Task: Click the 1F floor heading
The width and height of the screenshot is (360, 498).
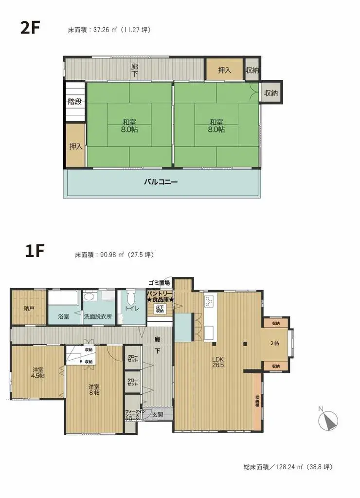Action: [35, 253]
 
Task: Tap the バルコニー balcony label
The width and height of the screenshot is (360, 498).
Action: [161, 183]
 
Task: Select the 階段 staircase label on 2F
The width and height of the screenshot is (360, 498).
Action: [75, 102]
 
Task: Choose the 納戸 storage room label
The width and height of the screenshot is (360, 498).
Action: [29, 308]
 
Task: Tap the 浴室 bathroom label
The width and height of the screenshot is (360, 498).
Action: [64, 316]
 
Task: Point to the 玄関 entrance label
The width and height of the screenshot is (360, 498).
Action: [157, 414]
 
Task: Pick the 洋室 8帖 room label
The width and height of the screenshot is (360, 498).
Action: [94, 389]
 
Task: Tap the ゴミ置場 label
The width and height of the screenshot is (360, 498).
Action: [159, 283]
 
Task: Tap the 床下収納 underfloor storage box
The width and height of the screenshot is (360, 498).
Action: [160, 309]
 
